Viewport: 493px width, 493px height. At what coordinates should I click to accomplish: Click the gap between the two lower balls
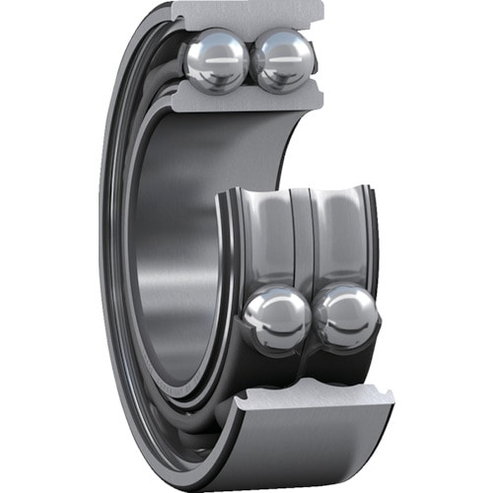click(312, 317)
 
